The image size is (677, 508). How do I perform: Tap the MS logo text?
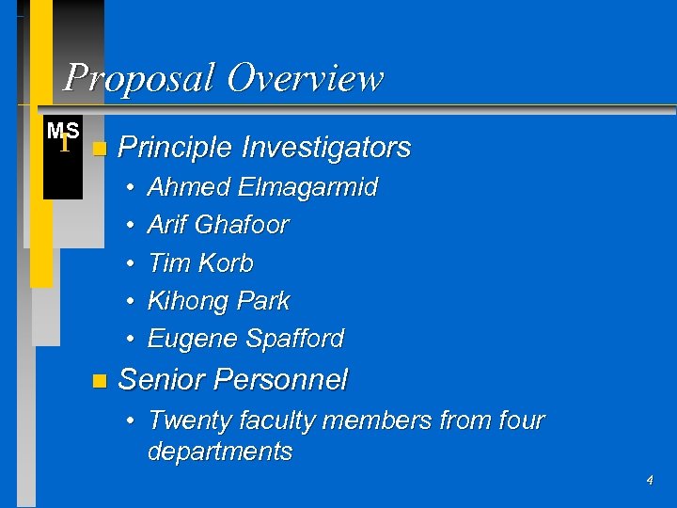[x=63, y=132]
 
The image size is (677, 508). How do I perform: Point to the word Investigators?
[x=326, y=148]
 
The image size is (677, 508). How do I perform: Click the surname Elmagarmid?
[x=307, y=187]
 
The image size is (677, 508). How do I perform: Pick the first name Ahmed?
[x=189, y=187]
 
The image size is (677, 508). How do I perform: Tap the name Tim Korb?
[x=200, y=263]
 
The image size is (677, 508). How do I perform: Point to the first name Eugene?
[x=193, y=339]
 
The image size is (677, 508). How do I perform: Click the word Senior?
[x=162, y=380]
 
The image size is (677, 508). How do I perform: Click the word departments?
[x=220, y=452]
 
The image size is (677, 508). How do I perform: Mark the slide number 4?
[x=649, y=481]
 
